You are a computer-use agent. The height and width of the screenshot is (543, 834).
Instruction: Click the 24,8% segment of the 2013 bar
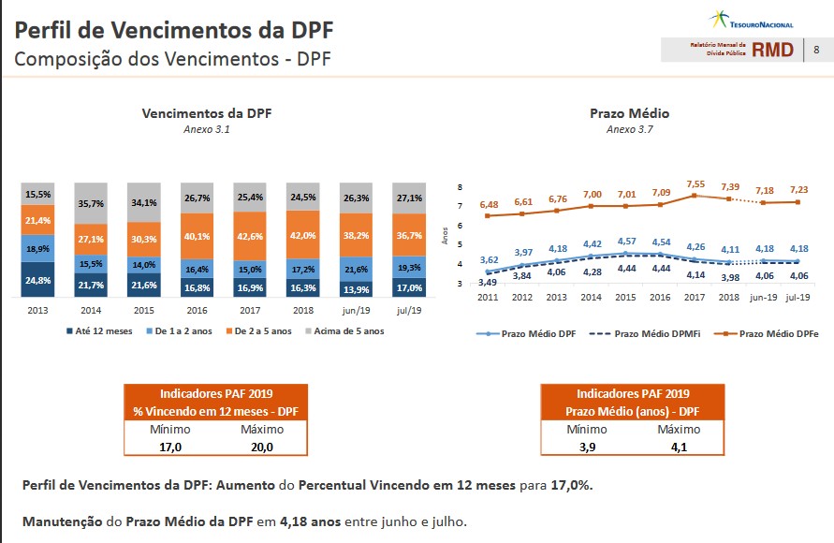38,279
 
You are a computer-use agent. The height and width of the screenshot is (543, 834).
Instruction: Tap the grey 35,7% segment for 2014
91,202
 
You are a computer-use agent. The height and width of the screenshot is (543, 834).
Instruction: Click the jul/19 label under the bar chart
409,309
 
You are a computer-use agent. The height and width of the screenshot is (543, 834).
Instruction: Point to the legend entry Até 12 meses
98,330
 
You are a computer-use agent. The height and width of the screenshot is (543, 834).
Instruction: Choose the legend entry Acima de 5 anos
347,330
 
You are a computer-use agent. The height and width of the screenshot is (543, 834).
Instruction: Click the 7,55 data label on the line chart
696,185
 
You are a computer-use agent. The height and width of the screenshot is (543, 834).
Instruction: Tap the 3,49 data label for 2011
488,282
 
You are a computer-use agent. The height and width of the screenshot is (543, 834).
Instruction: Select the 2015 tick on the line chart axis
625,297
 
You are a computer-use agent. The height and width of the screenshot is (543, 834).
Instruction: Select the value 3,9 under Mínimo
586,447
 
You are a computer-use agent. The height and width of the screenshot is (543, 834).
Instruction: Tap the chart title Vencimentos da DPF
206,113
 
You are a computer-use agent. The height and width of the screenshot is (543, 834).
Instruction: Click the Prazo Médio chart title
629,113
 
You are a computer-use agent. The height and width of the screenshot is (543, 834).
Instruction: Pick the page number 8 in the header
816,50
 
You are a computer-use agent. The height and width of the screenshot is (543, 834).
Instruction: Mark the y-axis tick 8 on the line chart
460,187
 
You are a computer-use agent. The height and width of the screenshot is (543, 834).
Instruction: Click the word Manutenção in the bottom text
61,521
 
